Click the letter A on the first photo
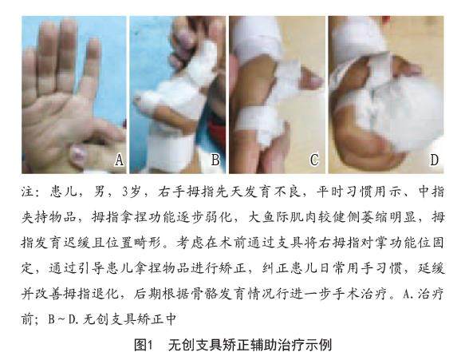(x=119, y=160)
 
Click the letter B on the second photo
(x=215, y=160)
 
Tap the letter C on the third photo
(x=314, y=160)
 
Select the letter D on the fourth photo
(x=434, y=160)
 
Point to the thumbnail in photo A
(x=77, y=154)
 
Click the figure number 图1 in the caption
(x=144, y=345)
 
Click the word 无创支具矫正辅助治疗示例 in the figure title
(x=250, y=345)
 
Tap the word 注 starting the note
(x=27, y=192)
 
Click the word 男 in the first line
(x=99, y=192)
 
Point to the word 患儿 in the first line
(x=63, y=192)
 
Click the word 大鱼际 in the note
(x=269, y=217)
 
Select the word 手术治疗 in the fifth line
(x=359, y=294)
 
